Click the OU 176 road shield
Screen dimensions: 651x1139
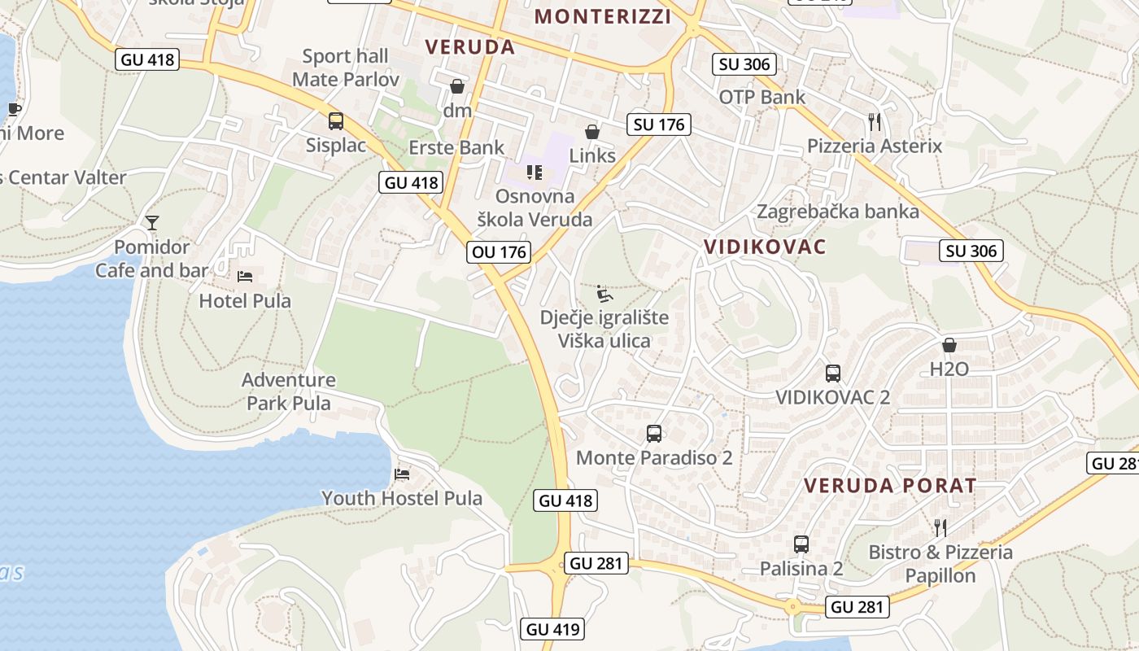coord(500,252)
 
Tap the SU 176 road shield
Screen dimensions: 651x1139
coord(659,125)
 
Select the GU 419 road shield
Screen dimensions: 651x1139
coord(552,629)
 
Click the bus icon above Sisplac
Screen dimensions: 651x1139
coord(336,121)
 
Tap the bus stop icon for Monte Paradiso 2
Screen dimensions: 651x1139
coord(654,434)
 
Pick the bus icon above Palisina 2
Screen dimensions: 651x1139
coord(801,544)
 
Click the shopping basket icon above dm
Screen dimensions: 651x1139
coord(457,85)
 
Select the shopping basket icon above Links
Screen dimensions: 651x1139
coord(592,131)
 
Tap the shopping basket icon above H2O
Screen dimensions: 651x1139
coord(949,345)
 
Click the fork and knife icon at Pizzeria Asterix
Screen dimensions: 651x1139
coord(875,122)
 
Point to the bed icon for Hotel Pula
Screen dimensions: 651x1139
coord(245,277)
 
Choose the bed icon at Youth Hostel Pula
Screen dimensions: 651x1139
coord(402,474)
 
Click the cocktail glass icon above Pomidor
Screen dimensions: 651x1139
coord(152,222)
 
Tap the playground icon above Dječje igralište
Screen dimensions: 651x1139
coord(604,294)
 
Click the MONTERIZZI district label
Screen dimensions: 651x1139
coord(603,16)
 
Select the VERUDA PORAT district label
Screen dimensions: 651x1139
coord(890,486)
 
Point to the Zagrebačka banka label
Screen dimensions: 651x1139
coord(838,212)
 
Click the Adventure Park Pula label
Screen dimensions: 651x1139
coord(289,391)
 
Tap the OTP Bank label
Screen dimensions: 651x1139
coord(762,97)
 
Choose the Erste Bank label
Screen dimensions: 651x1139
coord(456,147)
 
